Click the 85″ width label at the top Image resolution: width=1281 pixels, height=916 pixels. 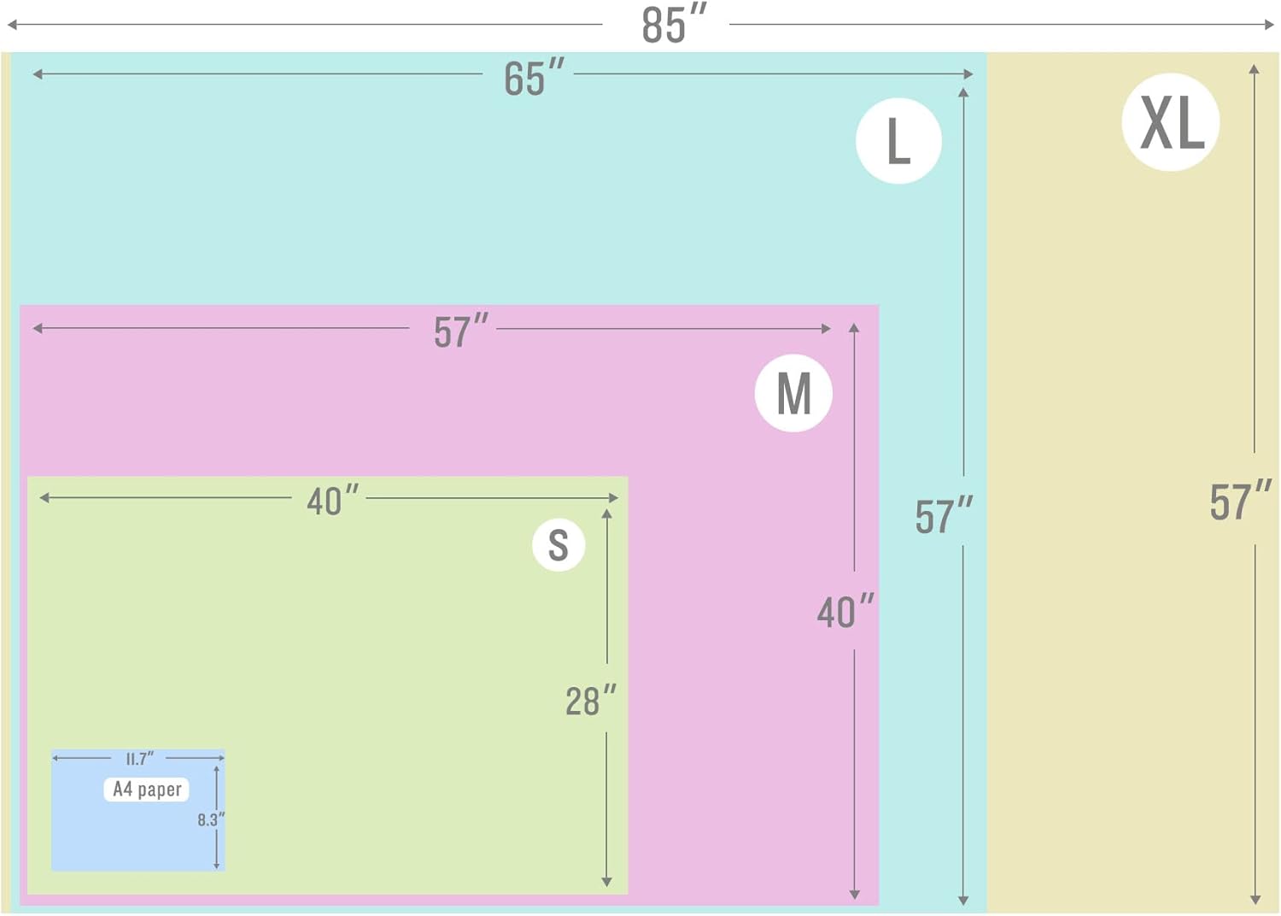tap(675, 24)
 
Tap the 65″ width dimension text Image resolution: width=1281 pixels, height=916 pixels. tap(534, 76)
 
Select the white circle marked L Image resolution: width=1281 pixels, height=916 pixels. tap(898, 141)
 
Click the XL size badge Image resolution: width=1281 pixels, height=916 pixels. tap(1171, 122)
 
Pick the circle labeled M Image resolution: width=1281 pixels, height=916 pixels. tap(793, 393)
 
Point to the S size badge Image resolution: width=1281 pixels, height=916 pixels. tap(559, 544)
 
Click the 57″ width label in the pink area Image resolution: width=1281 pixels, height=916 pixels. tap(461, 331)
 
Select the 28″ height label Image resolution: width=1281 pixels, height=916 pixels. tap(591, 700)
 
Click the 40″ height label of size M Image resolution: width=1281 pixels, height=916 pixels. tap(845, 611)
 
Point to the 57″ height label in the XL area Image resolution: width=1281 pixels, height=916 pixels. tap(1240, 502)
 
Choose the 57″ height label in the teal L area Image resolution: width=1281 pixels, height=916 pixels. tap(944, 515)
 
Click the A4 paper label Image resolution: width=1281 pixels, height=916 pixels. tap(147, 790)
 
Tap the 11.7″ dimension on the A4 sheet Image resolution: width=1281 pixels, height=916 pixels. tap(139, 759)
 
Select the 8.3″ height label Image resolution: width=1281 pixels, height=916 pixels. tap(211, 820)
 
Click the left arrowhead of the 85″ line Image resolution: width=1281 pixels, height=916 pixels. tap(11, 25)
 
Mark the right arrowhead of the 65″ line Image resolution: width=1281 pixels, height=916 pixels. tap(968, 73)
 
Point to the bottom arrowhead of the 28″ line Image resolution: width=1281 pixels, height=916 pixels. tap(606, 882)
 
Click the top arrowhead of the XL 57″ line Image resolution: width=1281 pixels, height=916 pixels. tap(1255, 69)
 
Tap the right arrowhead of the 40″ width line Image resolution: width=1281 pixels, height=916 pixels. tap(614, 498)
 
